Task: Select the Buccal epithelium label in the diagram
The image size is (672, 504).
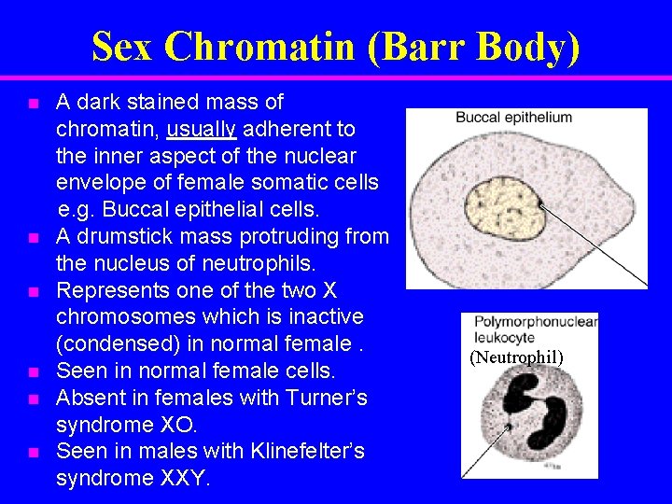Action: [513, 118]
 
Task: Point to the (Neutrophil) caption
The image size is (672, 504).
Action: [516, 357]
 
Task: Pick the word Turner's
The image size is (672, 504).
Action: [323, 398]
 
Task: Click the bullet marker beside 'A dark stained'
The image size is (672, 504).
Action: [33, 103]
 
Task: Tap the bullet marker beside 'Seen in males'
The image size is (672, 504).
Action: [33, 453]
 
